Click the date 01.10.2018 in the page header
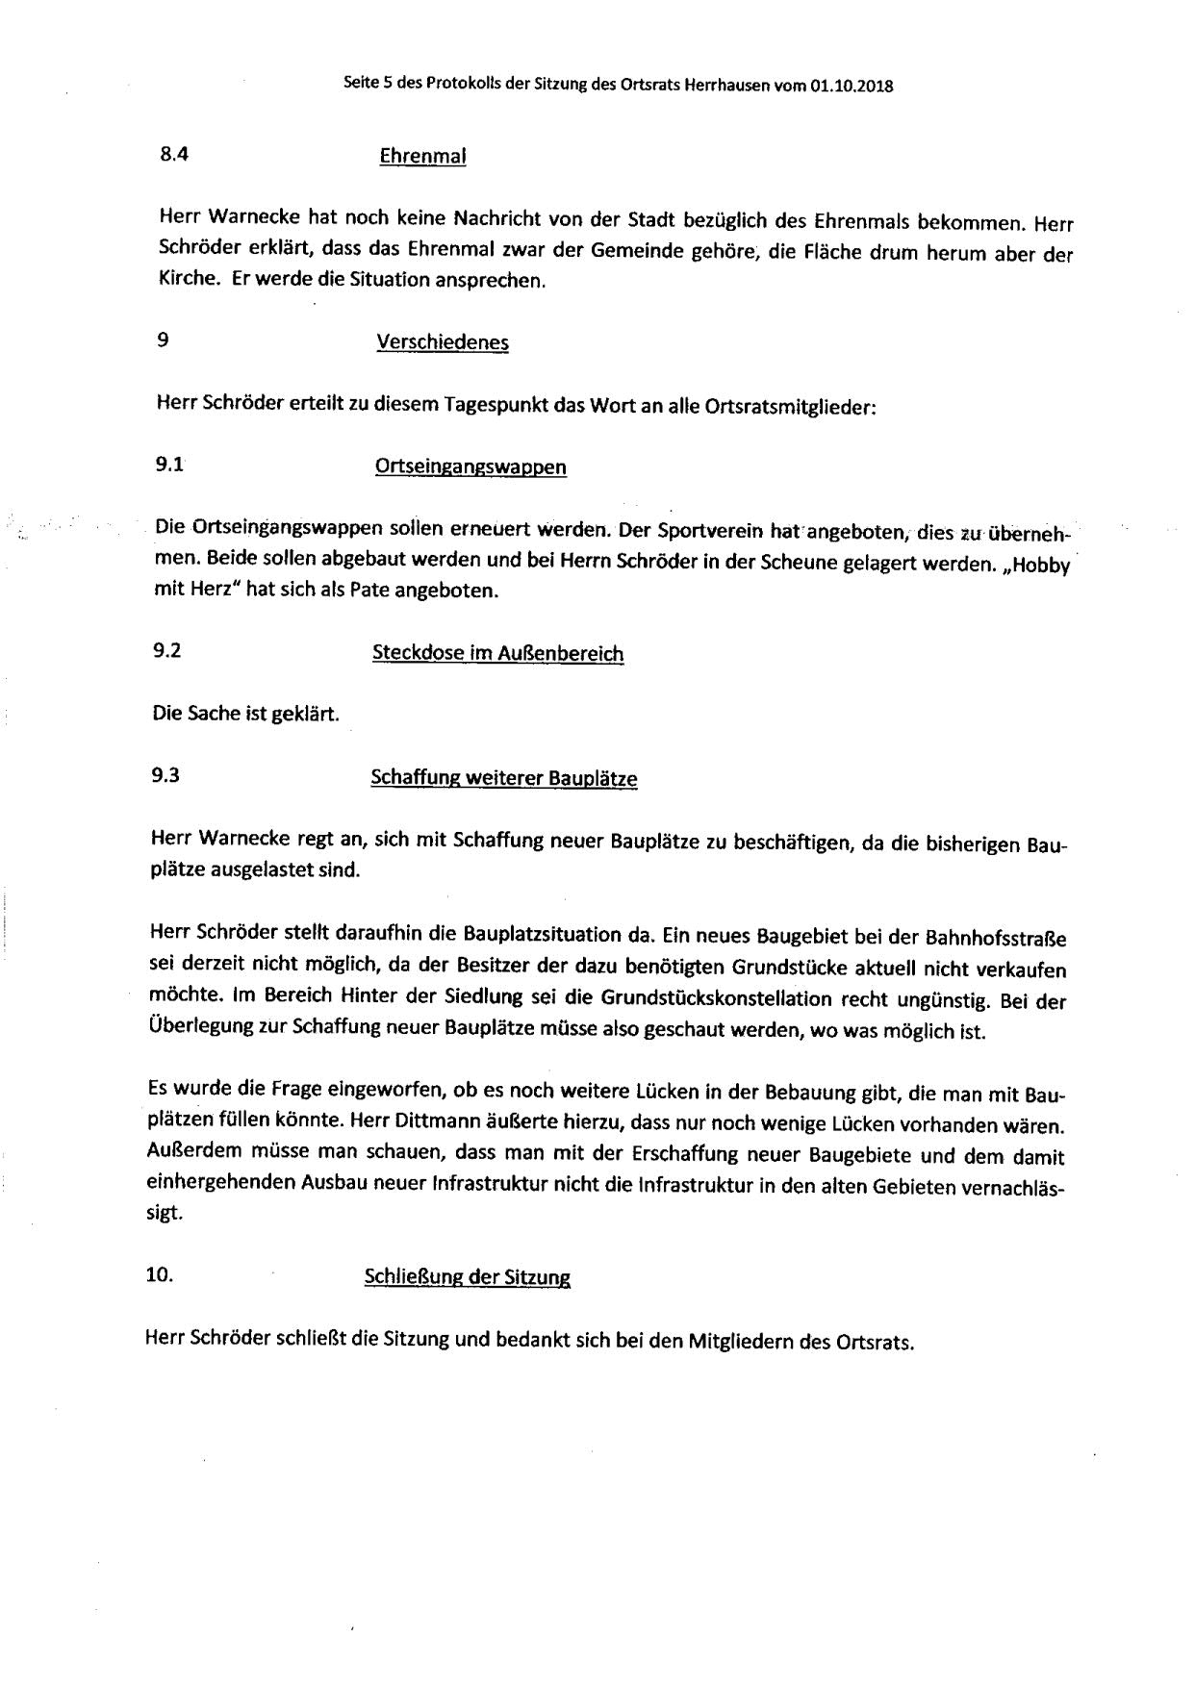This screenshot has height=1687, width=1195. pyautogui.click(x=852, y=86)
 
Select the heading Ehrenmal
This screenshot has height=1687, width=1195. pyautogui.click(x=423, y=156)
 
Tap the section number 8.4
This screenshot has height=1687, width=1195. pyautogui.click(x=173, y=154)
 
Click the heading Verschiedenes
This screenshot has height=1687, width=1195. pyautogui.click(x=443, y=342)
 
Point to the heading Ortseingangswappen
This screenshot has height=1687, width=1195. pyautogui.click(x=470, y=466)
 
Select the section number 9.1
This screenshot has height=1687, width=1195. pyautogui.click(x=169, y=465)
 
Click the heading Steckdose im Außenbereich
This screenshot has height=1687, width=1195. pyautogui.click(x=497, y=653)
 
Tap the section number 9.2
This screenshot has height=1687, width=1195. pyautogui.click(x=167, y=651)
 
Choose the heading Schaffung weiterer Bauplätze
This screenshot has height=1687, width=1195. pyautogui.click(x=503, y=778)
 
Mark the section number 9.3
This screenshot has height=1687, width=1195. pyautogui.click(x=165, y=776)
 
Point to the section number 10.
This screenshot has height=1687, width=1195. pyautogui.click(x=159, y=1274)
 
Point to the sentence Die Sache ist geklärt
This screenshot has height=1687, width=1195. pyautogui.click(x=246, y=715)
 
